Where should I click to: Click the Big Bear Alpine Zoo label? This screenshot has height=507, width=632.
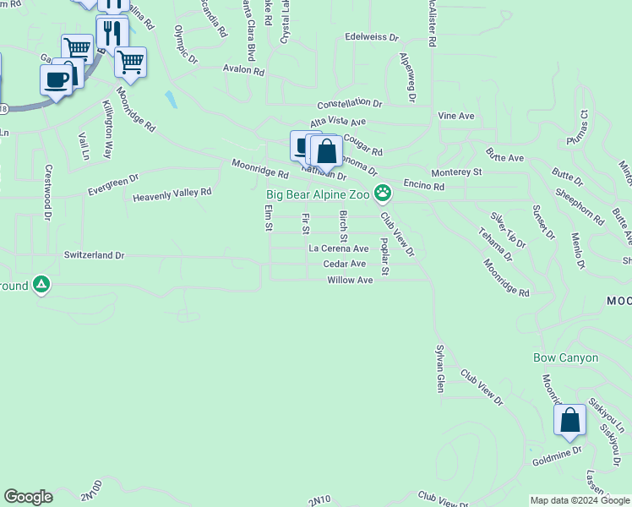pyautogui.click(x=318, y=194)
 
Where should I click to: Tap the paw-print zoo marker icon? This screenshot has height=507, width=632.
pyautogui.click(x=383, y=194)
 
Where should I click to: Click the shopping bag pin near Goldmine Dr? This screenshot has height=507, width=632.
pyautogui.click(x=569, y=420)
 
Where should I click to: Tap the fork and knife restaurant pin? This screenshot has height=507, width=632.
pyautogui.click(x=112, y=33)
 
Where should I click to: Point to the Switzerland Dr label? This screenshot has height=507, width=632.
pyautogui.click(x=94, y=254)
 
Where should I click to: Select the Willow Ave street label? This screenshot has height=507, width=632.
pyautogui.click(x=350, y=280)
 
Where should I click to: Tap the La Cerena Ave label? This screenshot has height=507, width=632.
pyautogui.click(x=338, y=248)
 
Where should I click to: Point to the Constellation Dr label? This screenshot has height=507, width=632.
pyautogui.click(x=350, y=105)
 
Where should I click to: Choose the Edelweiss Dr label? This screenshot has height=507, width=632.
pyautogui.click(x=371, y=37)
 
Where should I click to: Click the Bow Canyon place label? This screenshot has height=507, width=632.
pyautogui.click(x=566, y=357)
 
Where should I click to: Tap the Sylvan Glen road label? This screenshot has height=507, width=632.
pyautogui.click(x=439, y=368)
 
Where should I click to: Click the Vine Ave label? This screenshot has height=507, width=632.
pyautogui.click(x=456, y=116)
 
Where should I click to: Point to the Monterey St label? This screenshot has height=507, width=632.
pyautogui.click(x=456, y=172)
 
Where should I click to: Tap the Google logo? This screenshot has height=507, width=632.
pyautogui.click(x=28, y=497)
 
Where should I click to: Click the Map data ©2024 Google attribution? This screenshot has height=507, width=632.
pyautogui.click(x=580, y=500)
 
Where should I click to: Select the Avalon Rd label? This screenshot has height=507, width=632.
pyautogui.click(x=244, y=70)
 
